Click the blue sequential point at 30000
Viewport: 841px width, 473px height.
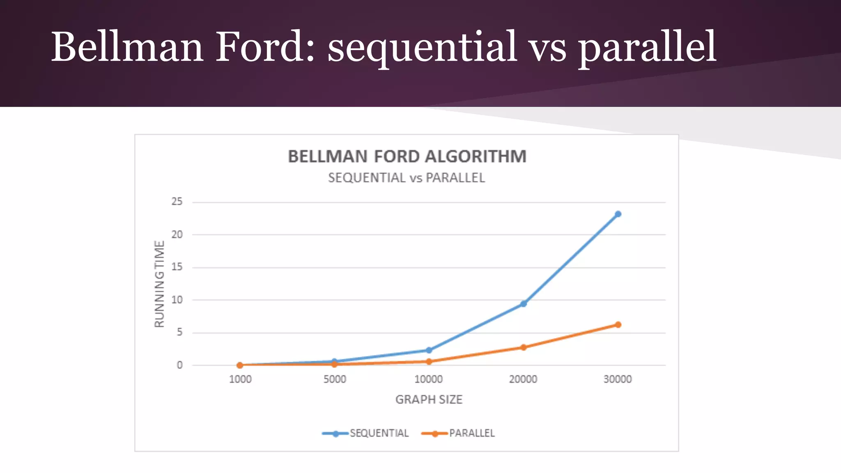pos(618,214)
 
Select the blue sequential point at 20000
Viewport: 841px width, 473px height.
pos(523,304)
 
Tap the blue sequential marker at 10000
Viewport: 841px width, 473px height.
pos(429,350)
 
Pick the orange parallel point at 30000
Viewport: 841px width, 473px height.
pos(618,325)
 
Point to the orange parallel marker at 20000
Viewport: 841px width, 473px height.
pos(523,347)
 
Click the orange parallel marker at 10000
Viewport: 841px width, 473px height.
pos(429,361)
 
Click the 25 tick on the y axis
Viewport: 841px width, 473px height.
pos(177,202)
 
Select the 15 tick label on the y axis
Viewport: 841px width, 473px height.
pos(177,267)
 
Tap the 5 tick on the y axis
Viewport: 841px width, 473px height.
pos(179,332)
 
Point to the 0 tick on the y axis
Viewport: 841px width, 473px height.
pos(179,365)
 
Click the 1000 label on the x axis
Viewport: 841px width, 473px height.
pos(240,379)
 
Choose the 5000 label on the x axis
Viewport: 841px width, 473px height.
pos(335,379)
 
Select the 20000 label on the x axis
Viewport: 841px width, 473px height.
pos(523,379)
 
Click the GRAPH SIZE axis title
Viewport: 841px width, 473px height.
pos(429,400)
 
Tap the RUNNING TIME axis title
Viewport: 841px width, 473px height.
pos(159,284)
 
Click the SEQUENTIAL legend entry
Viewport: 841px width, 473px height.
pos(379,433)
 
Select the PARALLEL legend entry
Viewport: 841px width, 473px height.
pos(471,433)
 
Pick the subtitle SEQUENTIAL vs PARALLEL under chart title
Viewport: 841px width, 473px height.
pos(407,178)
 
